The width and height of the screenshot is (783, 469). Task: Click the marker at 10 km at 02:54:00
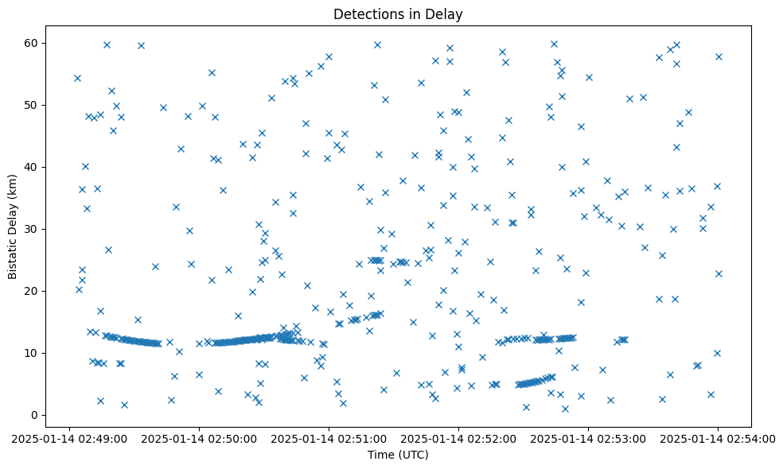(x=717, y=353)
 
